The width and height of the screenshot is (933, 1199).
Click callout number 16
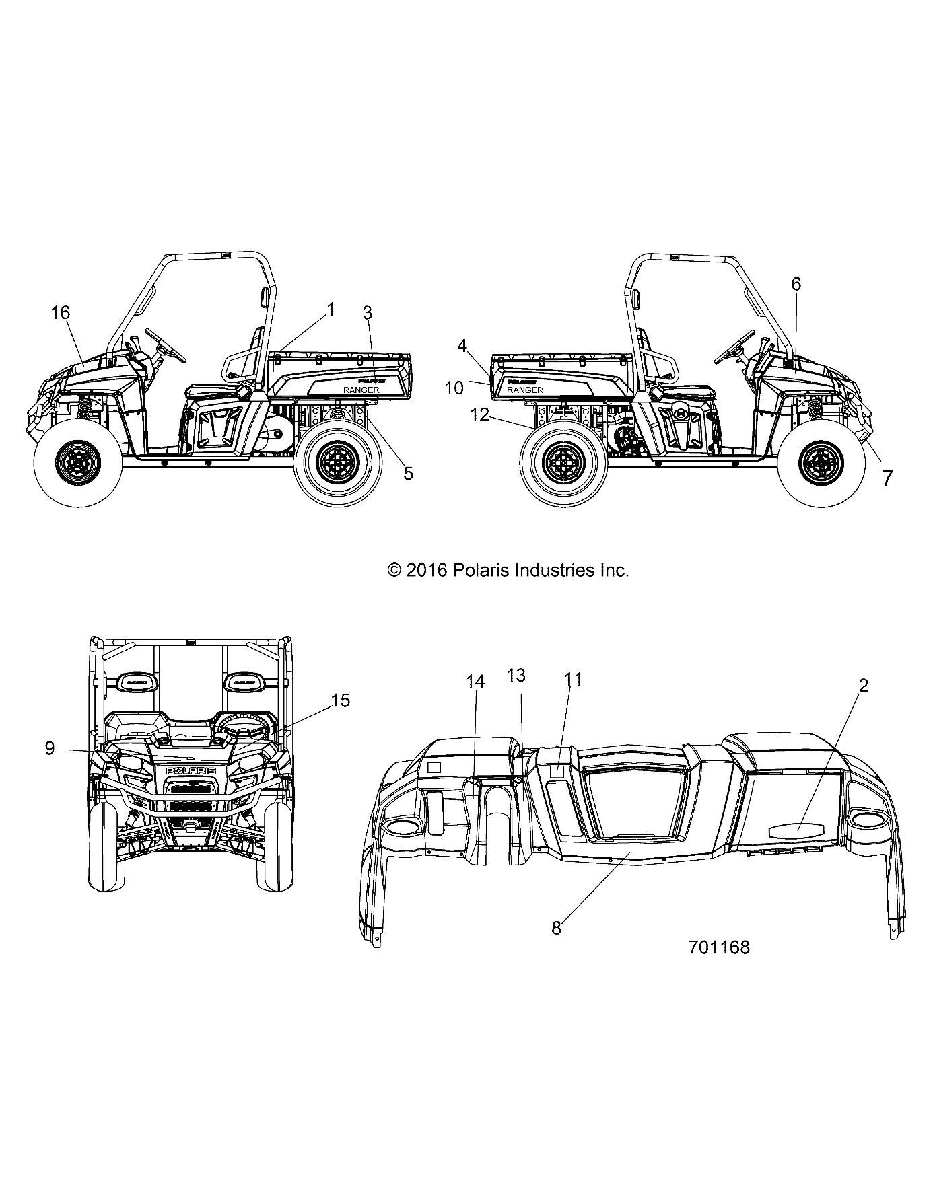[x=60, y=312]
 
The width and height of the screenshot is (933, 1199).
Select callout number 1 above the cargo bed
[x=331, y=309]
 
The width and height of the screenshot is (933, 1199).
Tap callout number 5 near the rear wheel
[x=408, y=473]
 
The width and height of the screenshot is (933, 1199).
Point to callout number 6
[x=796, y=284]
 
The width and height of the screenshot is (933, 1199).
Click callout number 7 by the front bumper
[x=887, y=478]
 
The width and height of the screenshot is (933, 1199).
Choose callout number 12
[x=480, y=415]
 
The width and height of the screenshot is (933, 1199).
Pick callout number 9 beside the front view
[x=49, y=748]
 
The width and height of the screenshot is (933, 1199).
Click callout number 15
[x=341, y=700]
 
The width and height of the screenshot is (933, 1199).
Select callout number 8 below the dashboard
[x=556, y=929]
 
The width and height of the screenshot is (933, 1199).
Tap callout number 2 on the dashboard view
[x=864, y=686]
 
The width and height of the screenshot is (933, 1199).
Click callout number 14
[x=475, y=682]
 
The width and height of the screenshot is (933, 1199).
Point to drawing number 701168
[x=719, y=947]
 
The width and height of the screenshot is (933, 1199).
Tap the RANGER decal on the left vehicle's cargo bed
[x=361, y=390]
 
